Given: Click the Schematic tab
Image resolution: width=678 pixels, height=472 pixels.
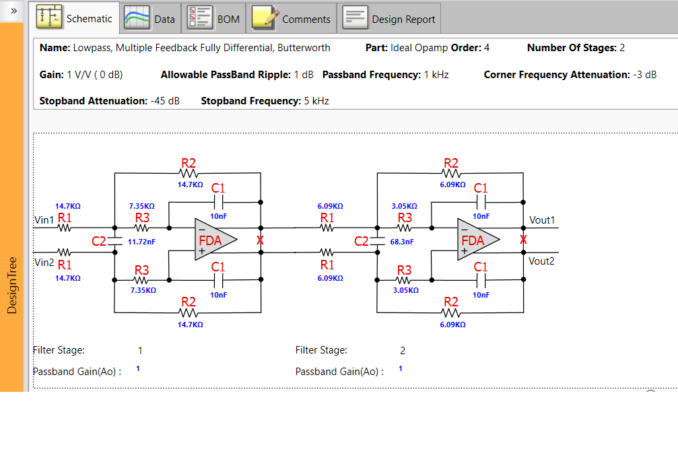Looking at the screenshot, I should [75, 18].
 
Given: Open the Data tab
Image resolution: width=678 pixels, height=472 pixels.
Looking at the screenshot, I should [150, 19].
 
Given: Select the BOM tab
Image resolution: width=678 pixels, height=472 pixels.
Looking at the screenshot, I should [214, 19].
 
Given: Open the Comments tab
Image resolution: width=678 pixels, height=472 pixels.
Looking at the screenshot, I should [292, 19].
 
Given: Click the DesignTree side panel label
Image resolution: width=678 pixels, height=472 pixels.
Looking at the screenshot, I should [12, 285].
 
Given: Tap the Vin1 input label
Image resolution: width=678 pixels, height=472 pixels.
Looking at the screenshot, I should [44, 220].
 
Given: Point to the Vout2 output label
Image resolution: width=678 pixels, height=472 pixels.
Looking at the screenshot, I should [541, 261].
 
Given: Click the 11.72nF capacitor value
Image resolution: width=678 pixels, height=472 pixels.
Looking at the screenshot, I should [141, 241].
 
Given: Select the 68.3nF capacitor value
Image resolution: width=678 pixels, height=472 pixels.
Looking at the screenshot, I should [402, 241].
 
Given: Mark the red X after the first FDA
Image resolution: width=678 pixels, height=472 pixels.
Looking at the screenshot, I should [260, 240].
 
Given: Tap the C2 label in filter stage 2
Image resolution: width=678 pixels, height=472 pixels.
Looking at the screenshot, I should [362, 241].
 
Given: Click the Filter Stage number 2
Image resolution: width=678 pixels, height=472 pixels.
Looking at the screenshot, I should [403, 350].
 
